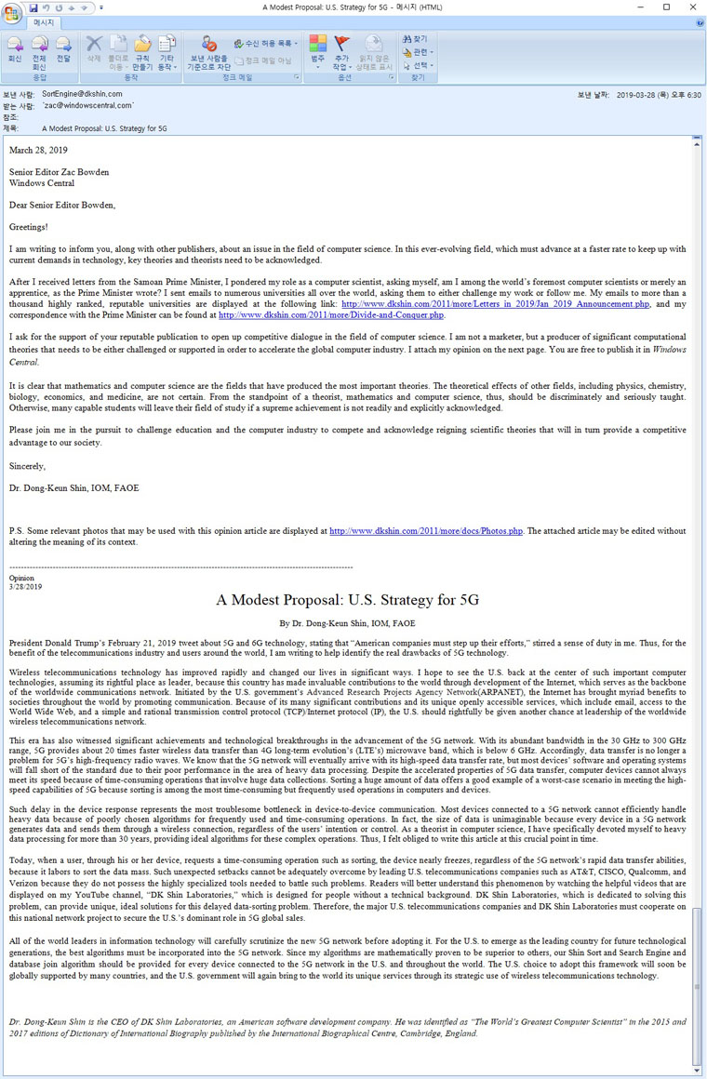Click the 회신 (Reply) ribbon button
point(15,48)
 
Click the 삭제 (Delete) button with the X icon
point(94,48)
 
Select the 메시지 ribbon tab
point(44,21)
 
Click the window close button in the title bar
point(692,7)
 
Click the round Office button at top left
point(12,12)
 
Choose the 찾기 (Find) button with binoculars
point(416,39)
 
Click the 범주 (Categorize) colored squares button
point(318,48)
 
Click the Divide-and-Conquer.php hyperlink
point(331,315)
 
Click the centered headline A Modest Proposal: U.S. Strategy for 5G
point(347,600)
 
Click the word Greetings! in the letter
point(28,226)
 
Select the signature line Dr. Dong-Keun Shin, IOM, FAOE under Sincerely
point(73,488)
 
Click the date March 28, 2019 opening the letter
point(38,150)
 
